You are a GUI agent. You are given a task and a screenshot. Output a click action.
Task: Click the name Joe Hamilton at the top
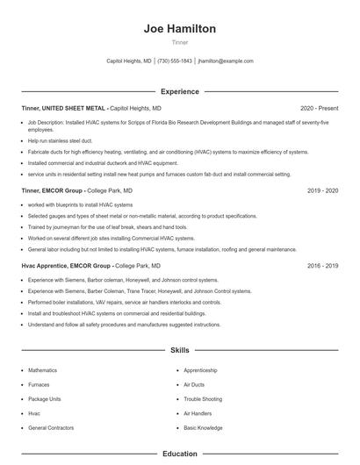click(x=179, y=29)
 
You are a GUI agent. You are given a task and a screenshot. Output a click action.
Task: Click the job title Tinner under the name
click(x=179, y=42)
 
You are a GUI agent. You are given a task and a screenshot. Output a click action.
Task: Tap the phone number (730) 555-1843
click(x=175, y=61)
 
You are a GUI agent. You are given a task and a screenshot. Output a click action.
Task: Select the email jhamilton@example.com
click(x=226, y=61)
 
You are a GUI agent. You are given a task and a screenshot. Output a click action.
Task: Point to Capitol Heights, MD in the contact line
click(x=128, y=61)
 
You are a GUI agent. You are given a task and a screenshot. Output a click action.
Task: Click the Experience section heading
click(x=179, y=91)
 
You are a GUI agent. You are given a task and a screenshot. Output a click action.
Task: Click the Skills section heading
click(x=179, y=350)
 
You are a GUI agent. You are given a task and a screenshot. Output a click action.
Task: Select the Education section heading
click(x=179, y=454)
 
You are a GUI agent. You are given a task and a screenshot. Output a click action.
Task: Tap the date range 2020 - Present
click(x=319, y=108)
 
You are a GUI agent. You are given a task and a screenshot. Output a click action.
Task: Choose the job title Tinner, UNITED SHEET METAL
click(x=63, y=108)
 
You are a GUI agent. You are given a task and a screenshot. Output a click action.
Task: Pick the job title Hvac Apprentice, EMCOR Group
click(x=66, y=265)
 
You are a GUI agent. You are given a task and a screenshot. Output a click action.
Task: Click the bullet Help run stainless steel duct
click(x=60, y=140)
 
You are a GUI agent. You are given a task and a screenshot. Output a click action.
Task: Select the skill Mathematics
click(x=42, y=370)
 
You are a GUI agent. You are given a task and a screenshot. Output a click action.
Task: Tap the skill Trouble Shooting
click(x=203, y=398)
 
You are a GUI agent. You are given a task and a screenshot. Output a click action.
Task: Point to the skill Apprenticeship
click(x=200, y=370)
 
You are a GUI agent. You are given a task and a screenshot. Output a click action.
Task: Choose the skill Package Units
click(x=44, y=398)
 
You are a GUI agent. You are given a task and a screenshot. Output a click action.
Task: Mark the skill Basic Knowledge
click(x=203, y=427)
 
